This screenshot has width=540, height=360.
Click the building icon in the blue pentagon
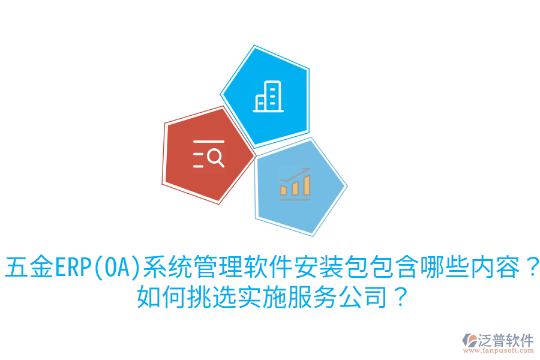268,96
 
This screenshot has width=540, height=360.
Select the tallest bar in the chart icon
307,185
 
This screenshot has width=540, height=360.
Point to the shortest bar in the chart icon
284,190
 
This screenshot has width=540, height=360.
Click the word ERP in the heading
72,268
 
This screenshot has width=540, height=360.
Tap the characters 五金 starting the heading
29,268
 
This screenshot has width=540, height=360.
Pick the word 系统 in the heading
167,268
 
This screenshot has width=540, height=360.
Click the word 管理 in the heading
218,268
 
